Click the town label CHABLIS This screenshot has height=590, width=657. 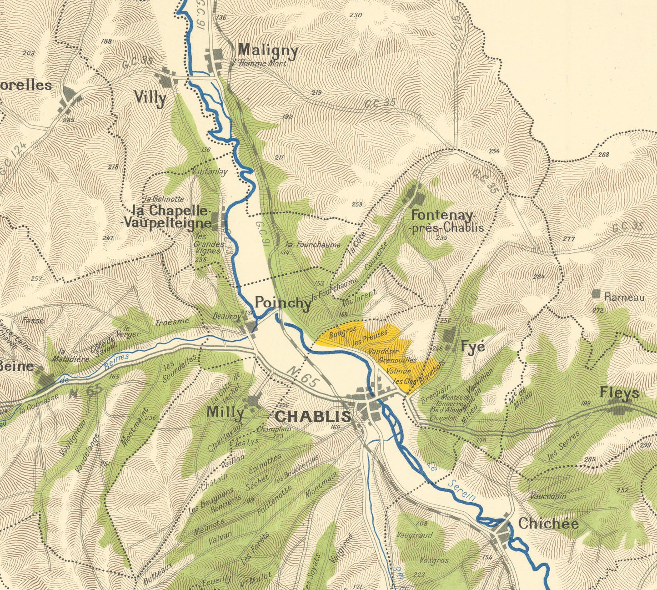click(313, 416)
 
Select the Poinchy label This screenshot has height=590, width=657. click(283, 303)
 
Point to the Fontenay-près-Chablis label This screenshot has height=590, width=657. click(446, 221)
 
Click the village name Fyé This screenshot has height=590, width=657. click(473, 347)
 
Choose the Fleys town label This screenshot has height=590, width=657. click(619, 393)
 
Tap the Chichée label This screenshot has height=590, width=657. click(548, 524)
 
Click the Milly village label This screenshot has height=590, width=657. click(225, 413)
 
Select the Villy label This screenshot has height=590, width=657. click(150, 98)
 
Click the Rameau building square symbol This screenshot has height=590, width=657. click(596, 294)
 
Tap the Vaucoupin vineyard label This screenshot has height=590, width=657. click(548, 496)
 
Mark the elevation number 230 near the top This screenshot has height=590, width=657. click(356, 15)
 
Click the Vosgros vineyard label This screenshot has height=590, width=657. click(434, 560)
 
